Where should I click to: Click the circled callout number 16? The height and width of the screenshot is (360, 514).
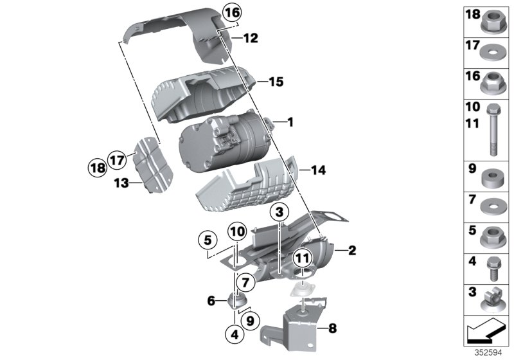point(233,12)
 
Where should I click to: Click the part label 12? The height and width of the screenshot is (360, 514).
point(250,39)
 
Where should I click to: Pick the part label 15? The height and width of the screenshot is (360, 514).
point(276,82)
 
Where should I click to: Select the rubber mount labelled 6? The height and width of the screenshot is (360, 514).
point(237,300)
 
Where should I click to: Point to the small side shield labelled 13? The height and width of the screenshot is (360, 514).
point(154,166)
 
